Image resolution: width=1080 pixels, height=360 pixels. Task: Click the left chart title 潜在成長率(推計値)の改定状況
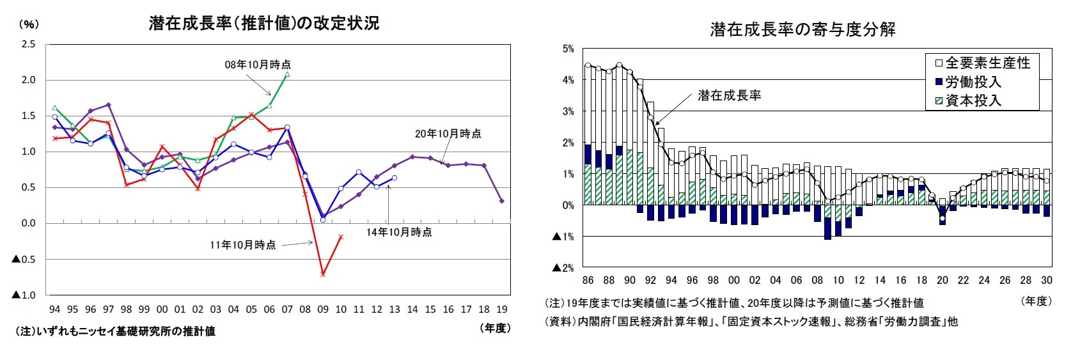(x=263, y=23)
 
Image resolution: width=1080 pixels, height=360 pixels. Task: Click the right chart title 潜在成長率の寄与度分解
(x=802, y=29)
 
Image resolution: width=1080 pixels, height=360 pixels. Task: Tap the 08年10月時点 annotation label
(x=258, y=65)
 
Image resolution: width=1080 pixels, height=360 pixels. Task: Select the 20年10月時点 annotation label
(x=448, y=134)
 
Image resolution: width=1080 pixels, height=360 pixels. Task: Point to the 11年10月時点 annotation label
(x=243, y=245)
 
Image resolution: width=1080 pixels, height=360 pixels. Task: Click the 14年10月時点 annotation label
(x=399, y=232)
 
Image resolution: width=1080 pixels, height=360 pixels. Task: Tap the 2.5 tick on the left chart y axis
(x=29, y=44)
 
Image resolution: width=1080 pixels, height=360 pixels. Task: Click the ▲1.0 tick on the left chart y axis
(x=24, y=295)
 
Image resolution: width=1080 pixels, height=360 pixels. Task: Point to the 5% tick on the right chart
(x=568, y=49)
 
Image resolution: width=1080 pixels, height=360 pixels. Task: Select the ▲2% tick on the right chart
(x=563, y=268)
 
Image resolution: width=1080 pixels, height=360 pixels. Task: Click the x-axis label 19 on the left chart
(x=502, y=309)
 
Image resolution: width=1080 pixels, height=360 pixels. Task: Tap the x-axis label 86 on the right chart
(x=588, y=280)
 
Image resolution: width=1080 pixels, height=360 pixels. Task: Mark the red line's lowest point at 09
(x=323, y=274)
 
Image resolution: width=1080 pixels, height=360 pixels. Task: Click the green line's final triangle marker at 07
(x=287, y=74)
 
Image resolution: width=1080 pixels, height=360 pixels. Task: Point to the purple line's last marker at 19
(x=502, y=201)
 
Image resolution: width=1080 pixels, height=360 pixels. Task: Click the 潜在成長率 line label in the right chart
(x=730, y=95)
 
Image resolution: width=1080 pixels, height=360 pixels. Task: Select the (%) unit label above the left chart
(x=29, y=24)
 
